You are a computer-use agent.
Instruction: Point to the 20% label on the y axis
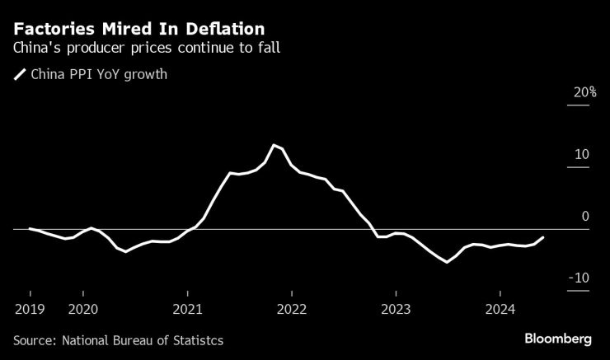[x=585, y=92]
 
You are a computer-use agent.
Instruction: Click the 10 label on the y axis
[x=582, y=154]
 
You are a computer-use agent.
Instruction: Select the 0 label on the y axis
[x=586, y=216]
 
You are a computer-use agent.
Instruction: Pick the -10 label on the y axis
[x=579, y=278]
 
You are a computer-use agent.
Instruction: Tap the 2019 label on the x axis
[x=30, y=310]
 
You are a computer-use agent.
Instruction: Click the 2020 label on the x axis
[x=82, y=310]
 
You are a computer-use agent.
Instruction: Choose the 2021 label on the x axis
[x=187, y=310]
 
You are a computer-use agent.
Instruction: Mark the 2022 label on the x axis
[x=291, y=310]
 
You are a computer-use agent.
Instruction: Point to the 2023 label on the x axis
[x=396, y=310]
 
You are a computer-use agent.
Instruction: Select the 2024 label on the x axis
[x=500, y=310]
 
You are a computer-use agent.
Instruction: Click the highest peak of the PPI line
[x=274, y=145]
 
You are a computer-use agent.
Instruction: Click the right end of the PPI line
[x=543, y=237]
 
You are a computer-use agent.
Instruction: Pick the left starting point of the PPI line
[x=30, y=228]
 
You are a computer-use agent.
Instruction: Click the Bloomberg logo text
[x=558, y=339]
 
